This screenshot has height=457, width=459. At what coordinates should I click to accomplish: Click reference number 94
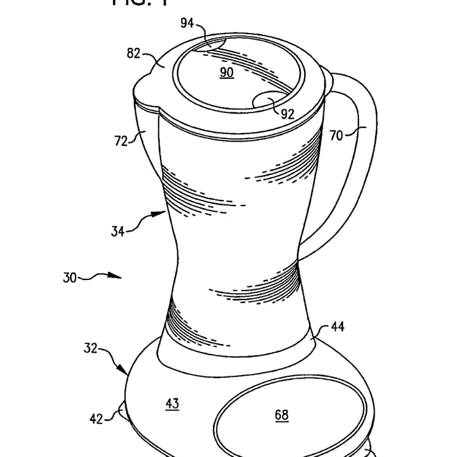click(x=187, y=24)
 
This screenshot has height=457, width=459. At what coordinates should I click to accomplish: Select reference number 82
click(x=134, y=53)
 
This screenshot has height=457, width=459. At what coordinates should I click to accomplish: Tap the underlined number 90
click(x=226, y=73)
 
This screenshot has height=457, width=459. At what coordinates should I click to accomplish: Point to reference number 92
click(x=287, y=114)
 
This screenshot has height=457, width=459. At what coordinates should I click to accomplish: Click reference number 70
click(x=336, y=135)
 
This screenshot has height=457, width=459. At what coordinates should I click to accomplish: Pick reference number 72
click(x=120, y=141)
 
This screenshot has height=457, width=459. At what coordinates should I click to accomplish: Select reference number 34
click(x=118, y=232)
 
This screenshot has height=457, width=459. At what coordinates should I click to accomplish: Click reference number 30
click(x=69, y=278)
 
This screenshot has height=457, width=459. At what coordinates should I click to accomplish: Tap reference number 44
click(x=338, y=325)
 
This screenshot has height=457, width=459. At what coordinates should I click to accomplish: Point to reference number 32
click(x=91, y=348)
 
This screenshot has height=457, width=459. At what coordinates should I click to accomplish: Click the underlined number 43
click(x=172, y=404)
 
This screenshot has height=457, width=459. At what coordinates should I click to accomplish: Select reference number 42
click(x=96, y=419)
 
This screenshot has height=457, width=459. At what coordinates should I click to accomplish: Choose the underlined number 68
click(x=282, y=415)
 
